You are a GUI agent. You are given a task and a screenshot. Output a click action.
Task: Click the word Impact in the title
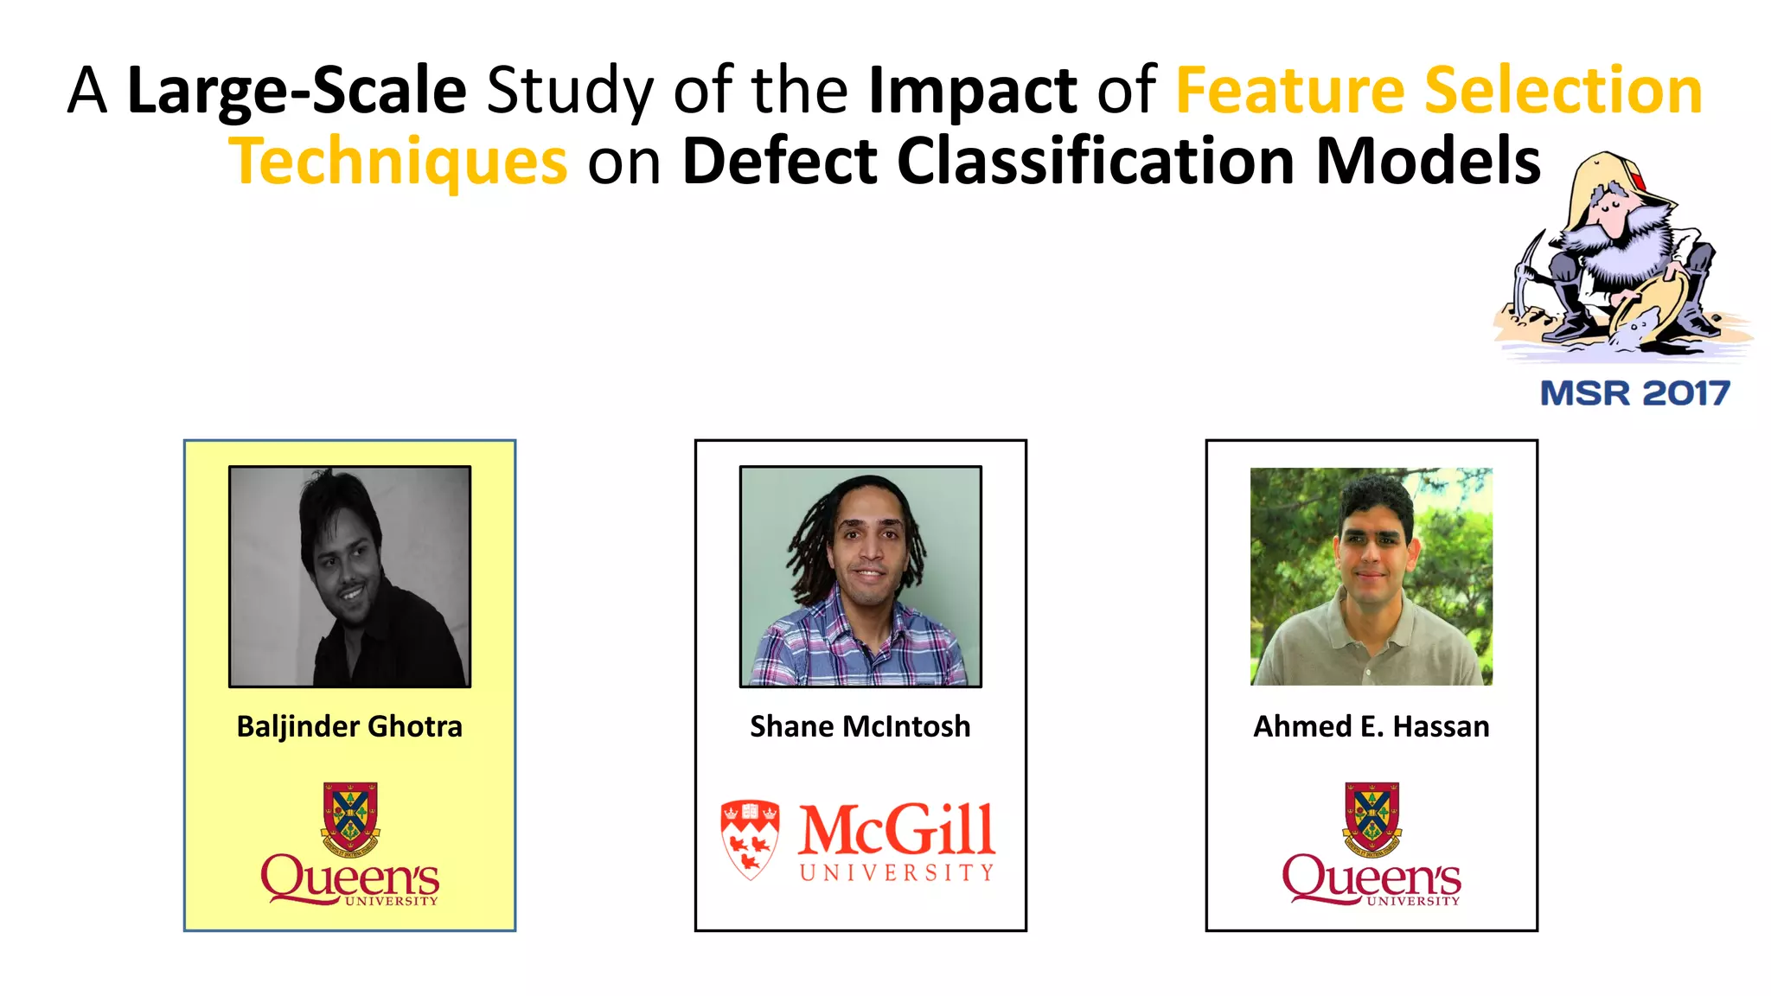pyautogui.click(x=972, y=91)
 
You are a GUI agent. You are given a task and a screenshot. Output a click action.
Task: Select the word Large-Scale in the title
pyautogui.click(x=297, y=91)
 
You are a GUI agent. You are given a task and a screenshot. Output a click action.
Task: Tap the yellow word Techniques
pyautogui.click(x=398, y=162)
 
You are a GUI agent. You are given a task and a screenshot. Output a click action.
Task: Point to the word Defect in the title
pyautogui.click(x=779, y=162)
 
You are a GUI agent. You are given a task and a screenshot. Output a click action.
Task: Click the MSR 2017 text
pyautogui.click(x=1634, y=393)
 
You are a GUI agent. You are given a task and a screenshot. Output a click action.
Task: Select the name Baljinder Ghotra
pyautogui.click(x=349, y=726)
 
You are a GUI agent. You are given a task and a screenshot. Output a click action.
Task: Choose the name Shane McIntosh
pyautogui.click(x=860, y=726)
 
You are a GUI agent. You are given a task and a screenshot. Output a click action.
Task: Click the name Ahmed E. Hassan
pyautogui.click(x=1371, y=726)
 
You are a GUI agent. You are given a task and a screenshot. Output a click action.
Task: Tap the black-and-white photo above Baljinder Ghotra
pyautogui.click(x=349, y=577)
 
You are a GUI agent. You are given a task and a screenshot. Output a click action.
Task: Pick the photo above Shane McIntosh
pyautogui.click(x=860, y=577)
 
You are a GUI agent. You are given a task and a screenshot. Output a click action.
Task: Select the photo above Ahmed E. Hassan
pyautogui.click(x=1371, y=577)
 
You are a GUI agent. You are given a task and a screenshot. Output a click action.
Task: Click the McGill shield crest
pyautogui.click(x=750, y=839)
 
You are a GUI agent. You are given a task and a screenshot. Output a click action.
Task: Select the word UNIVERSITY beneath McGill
pyautogui.click(x=896, y=873)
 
